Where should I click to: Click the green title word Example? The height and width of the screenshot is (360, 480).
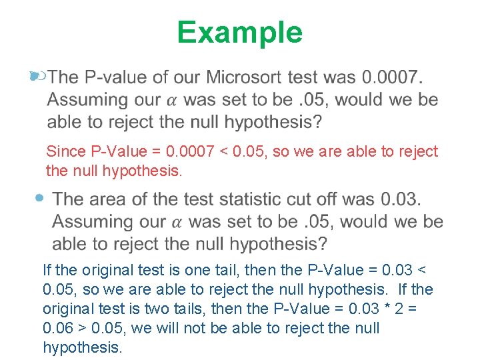pyautogui.click(x=239, y=32)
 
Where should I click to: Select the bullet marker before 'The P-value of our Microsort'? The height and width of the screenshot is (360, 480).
pyautogui.click(x=37, y=77)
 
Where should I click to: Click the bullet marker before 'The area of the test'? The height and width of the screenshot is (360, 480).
pyautogui.click(x=41, y=199)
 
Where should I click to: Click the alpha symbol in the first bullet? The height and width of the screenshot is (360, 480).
pyautogui.click(x=171, y=101)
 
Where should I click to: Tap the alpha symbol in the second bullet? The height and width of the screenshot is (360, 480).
pyautogui.click(x=176, y=222)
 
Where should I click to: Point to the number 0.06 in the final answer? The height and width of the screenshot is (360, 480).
pyautogui.click(x=57, y=328)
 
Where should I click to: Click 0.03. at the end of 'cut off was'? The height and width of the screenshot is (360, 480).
pyautogui.click(x=401, y=199)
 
